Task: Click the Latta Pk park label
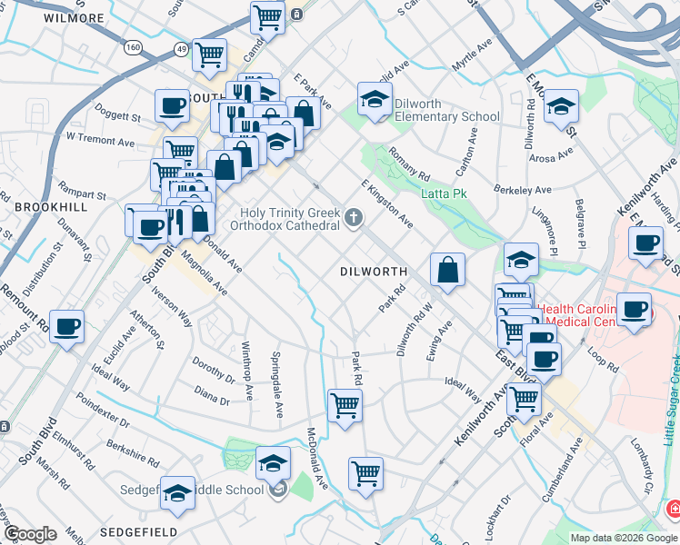point(444,193)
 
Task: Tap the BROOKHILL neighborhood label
point(51,207)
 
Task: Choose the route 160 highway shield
point(134,47)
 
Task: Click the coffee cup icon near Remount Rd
point(67,326)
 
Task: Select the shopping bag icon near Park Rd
point(448,270)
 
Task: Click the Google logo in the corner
point(30,534)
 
